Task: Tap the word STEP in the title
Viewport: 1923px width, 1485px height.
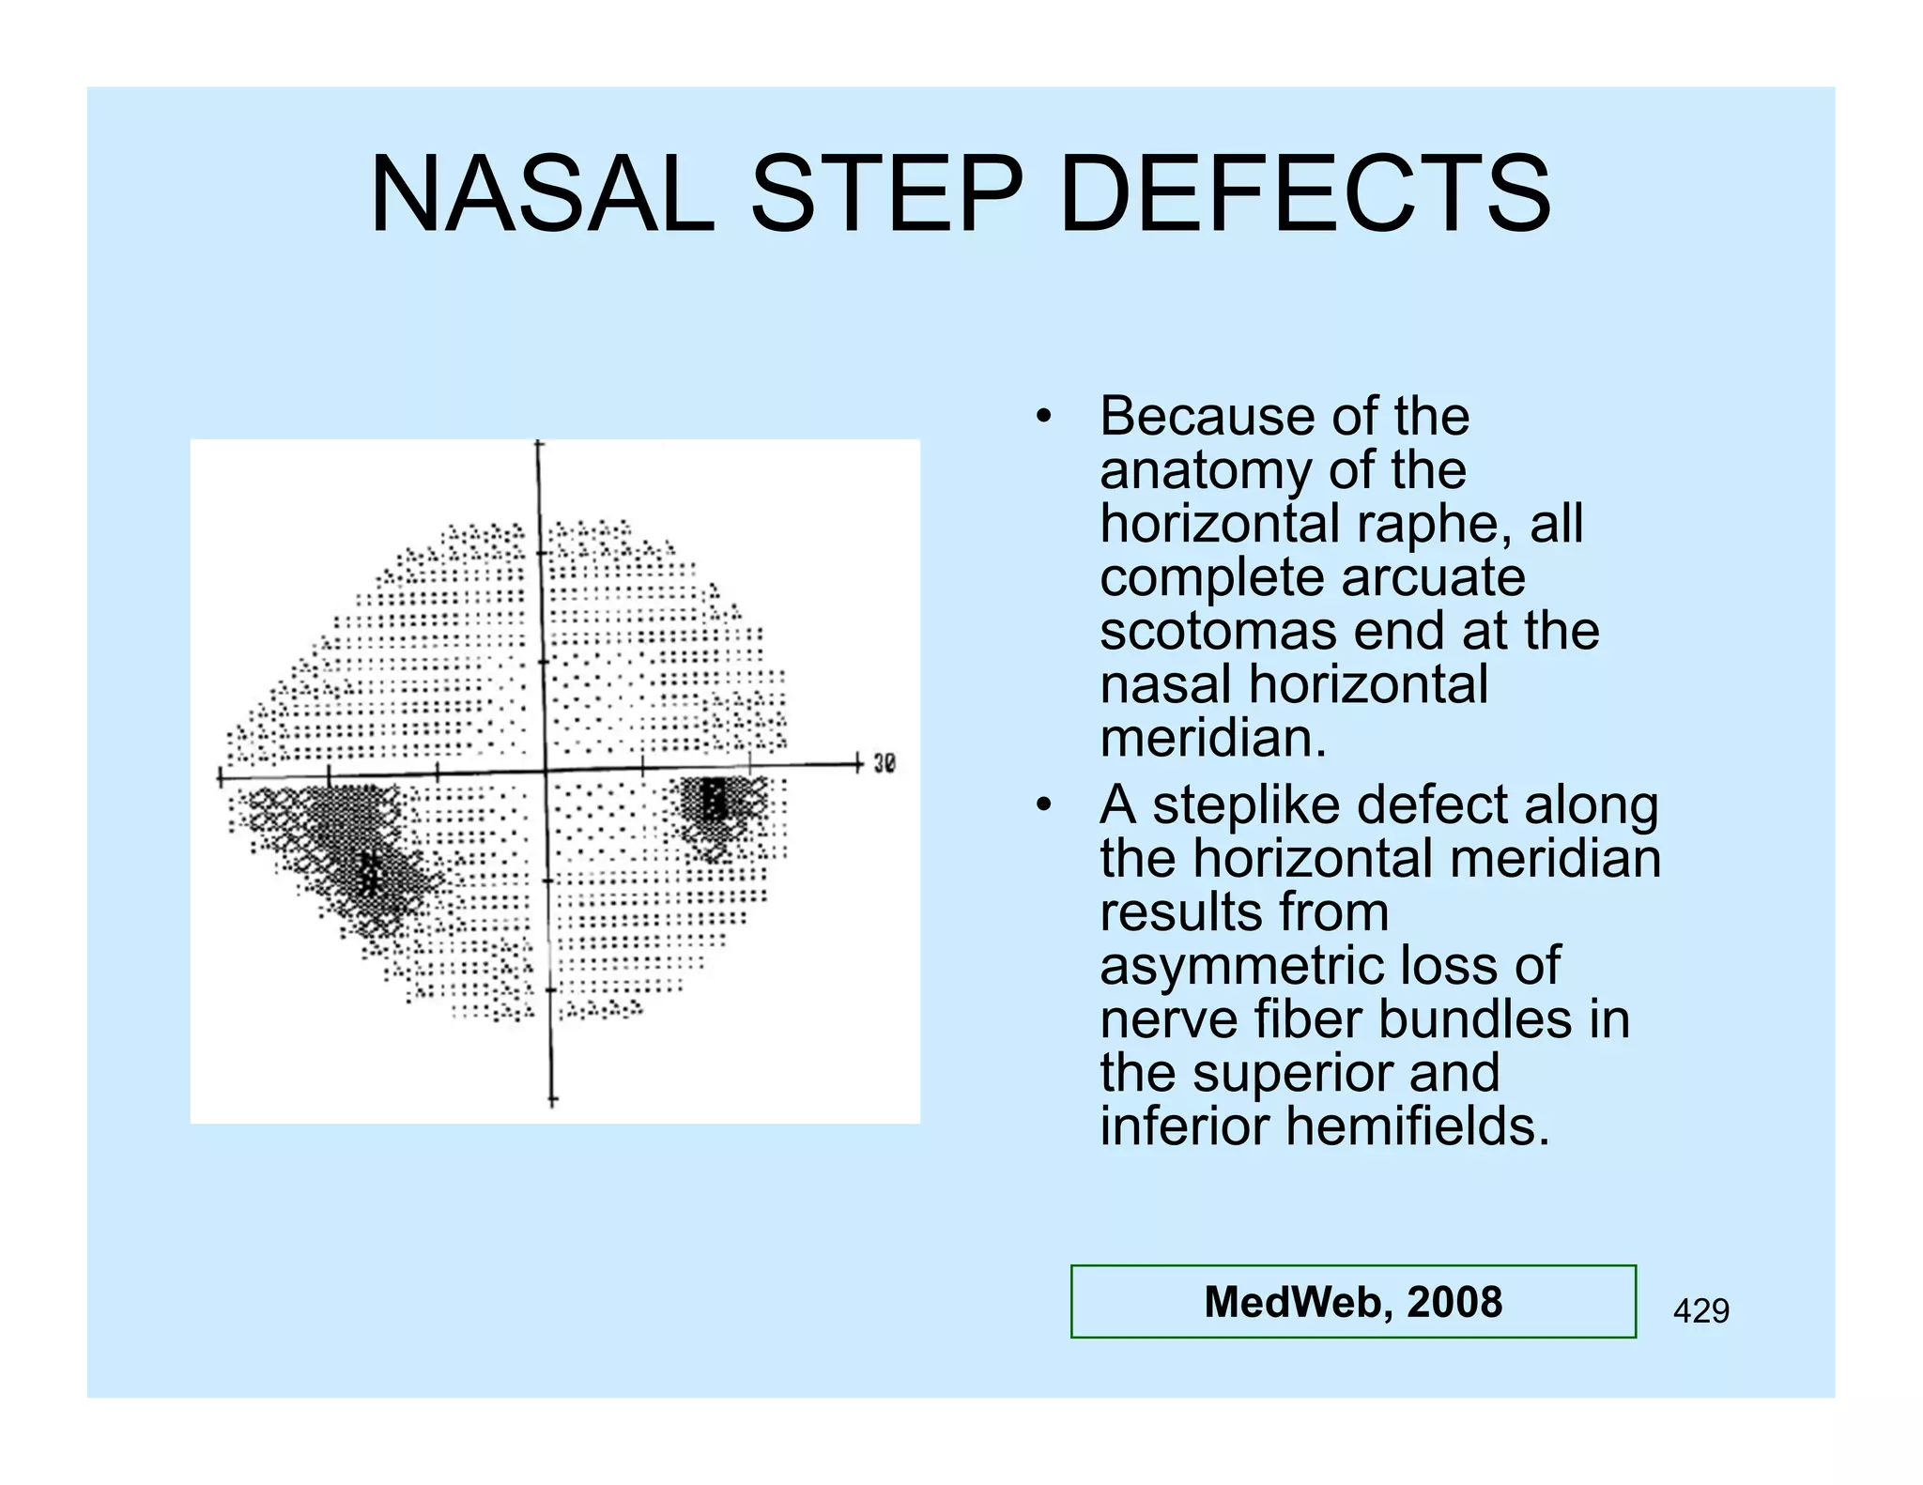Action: [x=885, y=194]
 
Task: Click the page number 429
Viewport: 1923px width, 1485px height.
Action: [x=1700, y=1310]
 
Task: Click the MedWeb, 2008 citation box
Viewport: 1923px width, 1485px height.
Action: [x=1352, y=1301]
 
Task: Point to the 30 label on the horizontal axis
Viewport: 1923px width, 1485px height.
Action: [x=885, y=763]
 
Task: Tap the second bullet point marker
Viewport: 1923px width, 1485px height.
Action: [x=1042, y=804]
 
